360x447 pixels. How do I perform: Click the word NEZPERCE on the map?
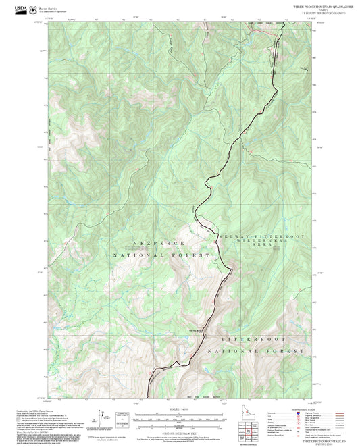(140, 242)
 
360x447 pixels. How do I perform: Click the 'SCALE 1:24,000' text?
(177, 409)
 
